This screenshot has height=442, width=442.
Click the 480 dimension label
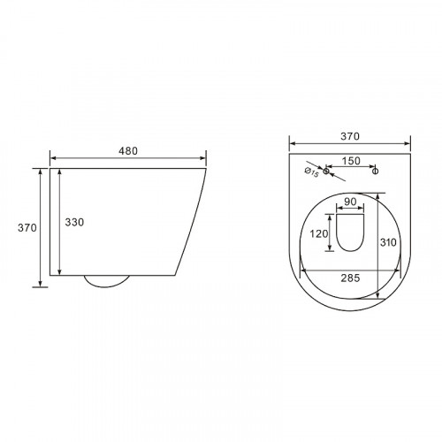point(128,151)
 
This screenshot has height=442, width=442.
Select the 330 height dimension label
point(74,222)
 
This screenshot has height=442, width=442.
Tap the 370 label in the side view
point(27,227)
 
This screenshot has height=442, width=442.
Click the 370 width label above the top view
point(350,136)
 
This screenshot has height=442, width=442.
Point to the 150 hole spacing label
point(351,161)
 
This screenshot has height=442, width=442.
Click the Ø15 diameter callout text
point(311,172)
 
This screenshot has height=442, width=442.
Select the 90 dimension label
point(350,202)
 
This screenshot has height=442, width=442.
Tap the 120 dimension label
point(319,234)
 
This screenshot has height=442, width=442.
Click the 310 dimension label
point(388,242)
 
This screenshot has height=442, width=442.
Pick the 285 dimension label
point(350,278)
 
